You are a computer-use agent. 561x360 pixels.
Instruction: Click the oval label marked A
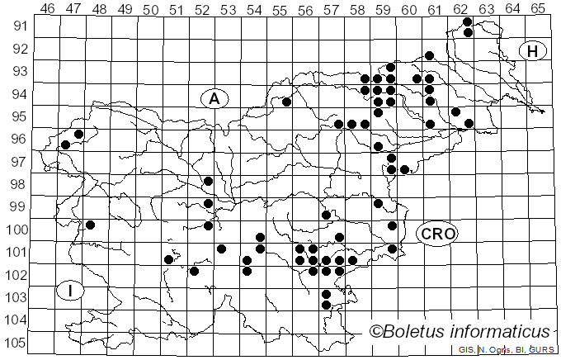pos(214,99)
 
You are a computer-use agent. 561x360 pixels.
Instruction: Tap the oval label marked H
pos(533,51)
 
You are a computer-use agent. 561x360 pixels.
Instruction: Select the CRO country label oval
pos(436,234)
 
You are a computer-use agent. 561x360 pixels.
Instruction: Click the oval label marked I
pos(70,291)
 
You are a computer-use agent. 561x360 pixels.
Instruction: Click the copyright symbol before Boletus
pos(376,332)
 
